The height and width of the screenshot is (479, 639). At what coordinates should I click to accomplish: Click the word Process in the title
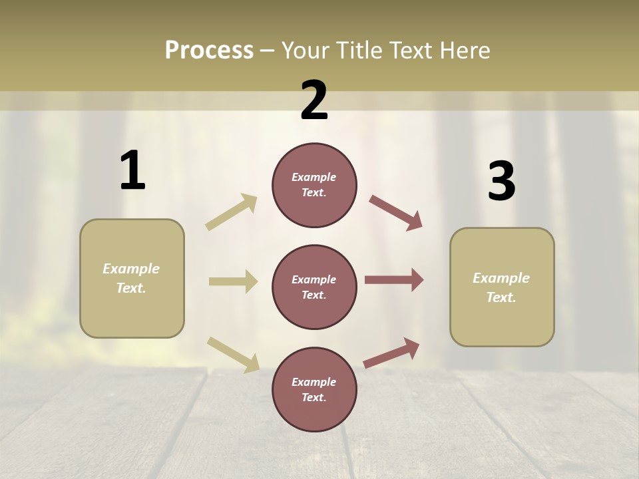click(209, 51)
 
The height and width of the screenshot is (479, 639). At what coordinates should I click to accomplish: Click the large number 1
click(132, 171)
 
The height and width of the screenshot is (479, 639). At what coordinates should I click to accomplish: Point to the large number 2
click(314, 100)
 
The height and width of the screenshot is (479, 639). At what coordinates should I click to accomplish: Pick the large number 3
click(501, 182)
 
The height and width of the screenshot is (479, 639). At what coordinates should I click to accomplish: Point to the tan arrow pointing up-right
click(232, 212)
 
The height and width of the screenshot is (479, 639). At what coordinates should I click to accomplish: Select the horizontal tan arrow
click(233, 281)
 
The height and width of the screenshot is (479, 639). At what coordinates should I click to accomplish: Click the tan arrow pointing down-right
click(233, 355)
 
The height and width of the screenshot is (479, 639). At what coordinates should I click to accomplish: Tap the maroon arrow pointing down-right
click(395, 213)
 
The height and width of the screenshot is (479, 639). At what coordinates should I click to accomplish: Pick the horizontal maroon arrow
click(394, 280)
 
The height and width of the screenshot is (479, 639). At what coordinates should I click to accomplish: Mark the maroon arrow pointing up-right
click(391, 353)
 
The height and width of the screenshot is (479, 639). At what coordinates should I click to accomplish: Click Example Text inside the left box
click(131, 278)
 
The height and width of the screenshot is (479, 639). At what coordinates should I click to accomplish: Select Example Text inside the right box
click(501, 287)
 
